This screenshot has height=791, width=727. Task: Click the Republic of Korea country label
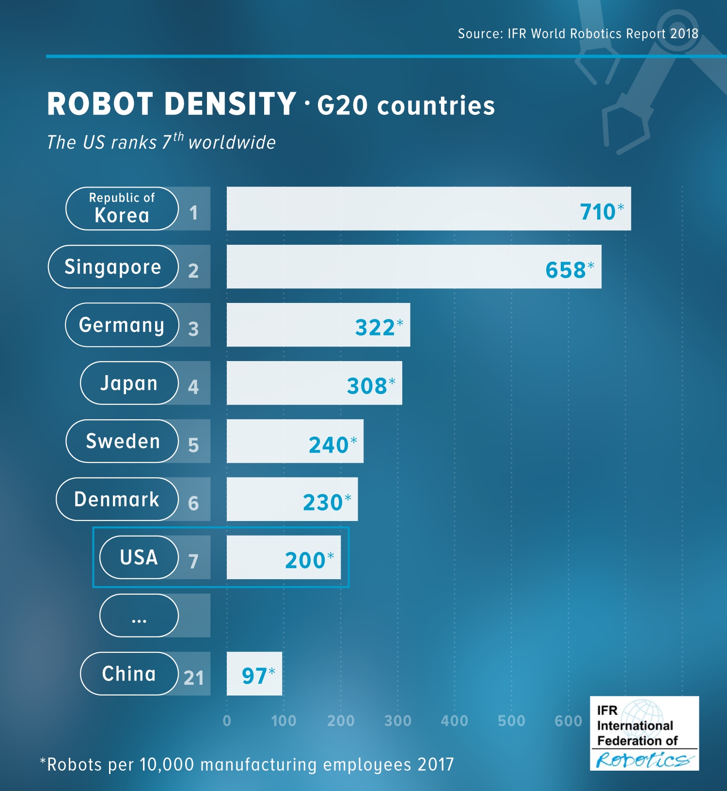click(122, 208)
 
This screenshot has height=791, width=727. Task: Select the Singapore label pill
click(113, 267)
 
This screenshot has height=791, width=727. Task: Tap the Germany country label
click(122, 325)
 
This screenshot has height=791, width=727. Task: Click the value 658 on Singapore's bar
click(566, 270)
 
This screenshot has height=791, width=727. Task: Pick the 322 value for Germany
click(375, 328)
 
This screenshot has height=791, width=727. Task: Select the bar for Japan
click(314, 383)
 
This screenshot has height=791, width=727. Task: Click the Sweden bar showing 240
click(295, 441)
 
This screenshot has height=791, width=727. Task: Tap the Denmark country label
click(117, 499)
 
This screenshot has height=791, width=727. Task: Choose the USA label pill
click(139, 557)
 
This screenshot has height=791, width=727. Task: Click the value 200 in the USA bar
click(305, 560)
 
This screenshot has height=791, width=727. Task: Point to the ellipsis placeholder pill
click(139, 616)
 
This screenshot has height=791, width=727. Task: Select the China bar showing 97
click(254, 674)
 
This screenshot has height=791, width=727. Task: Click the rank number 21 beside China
click(194, 678)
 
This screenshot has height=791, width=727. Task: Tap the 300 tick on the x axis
click(397, 721)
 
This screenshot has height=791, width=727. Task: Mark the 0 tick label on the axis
click(227, 721)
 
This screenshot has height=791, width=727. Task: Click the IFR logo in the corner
click(644, 733)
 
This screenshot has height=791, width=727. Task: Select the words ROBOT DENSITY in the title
click(172, 104)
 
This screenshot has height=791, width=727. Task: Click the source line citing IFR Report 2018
click(578, 33)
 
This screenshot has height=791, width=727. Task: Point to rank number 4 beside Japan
click(193, 386)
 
